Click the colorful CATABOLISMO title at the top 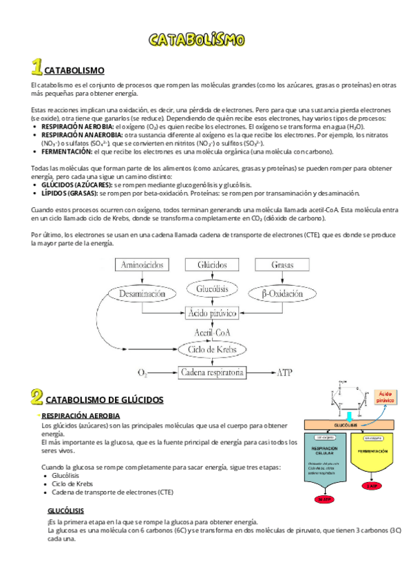point(197,39)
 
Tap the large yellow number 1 point(36,67)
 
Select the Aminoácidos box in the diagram point(142,265)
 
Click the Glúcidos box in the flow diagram point(211,265)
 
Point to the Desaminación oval point(142,293)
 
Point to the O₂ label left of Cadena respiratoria point(142,373)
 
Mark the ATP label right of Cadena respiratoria point(284,373)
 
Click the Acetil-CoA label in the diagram point(211,332)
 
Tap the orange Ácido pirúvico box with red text point(385,396)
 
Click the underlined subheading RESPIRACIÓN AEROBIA point(81,416)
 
